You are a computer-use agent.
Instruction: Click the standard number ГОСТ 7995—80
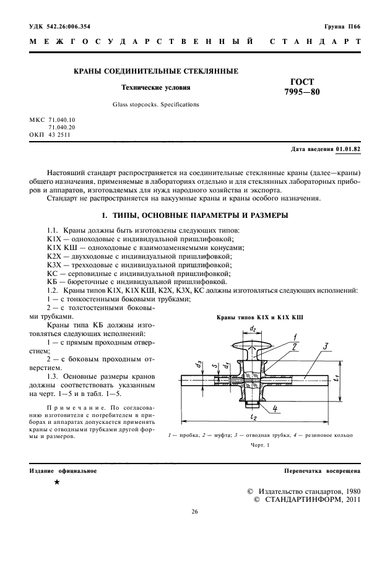[x=301, y=87]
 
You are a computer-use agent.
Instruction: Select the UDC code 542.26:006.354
[x=60, y=27]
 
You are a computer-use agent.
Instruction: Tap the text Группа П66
[x=342, y=27]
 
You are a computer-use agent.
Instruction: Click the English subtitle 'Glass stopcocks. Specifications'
[x=156, y=105]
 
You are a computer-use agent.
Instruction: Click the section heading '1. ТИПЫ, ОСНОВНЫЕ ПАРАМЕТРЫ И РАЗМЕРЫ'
[x=194, y=217]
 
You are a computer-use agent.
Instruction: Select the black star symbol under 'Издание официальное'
[x=57, y=482]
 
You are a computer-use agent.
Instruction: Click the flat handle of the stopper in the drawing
[x=253, y=344]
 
